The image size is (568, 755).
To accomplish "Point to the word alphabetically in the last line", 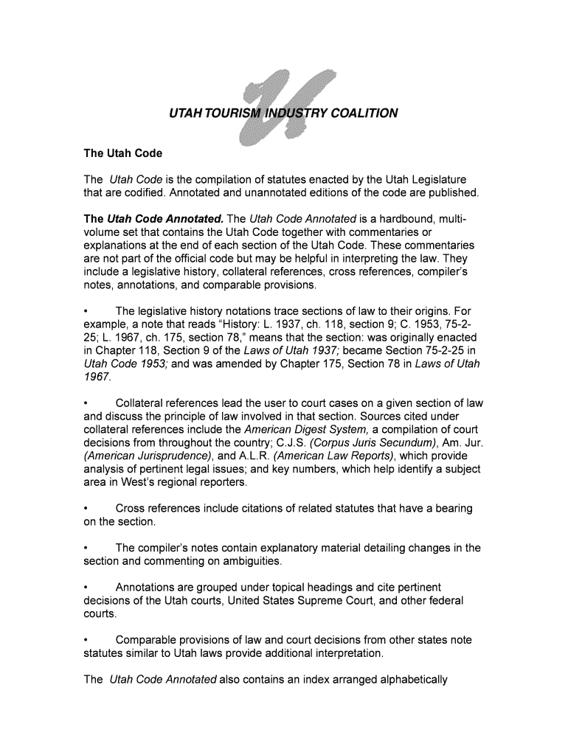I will click(408, 680).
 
